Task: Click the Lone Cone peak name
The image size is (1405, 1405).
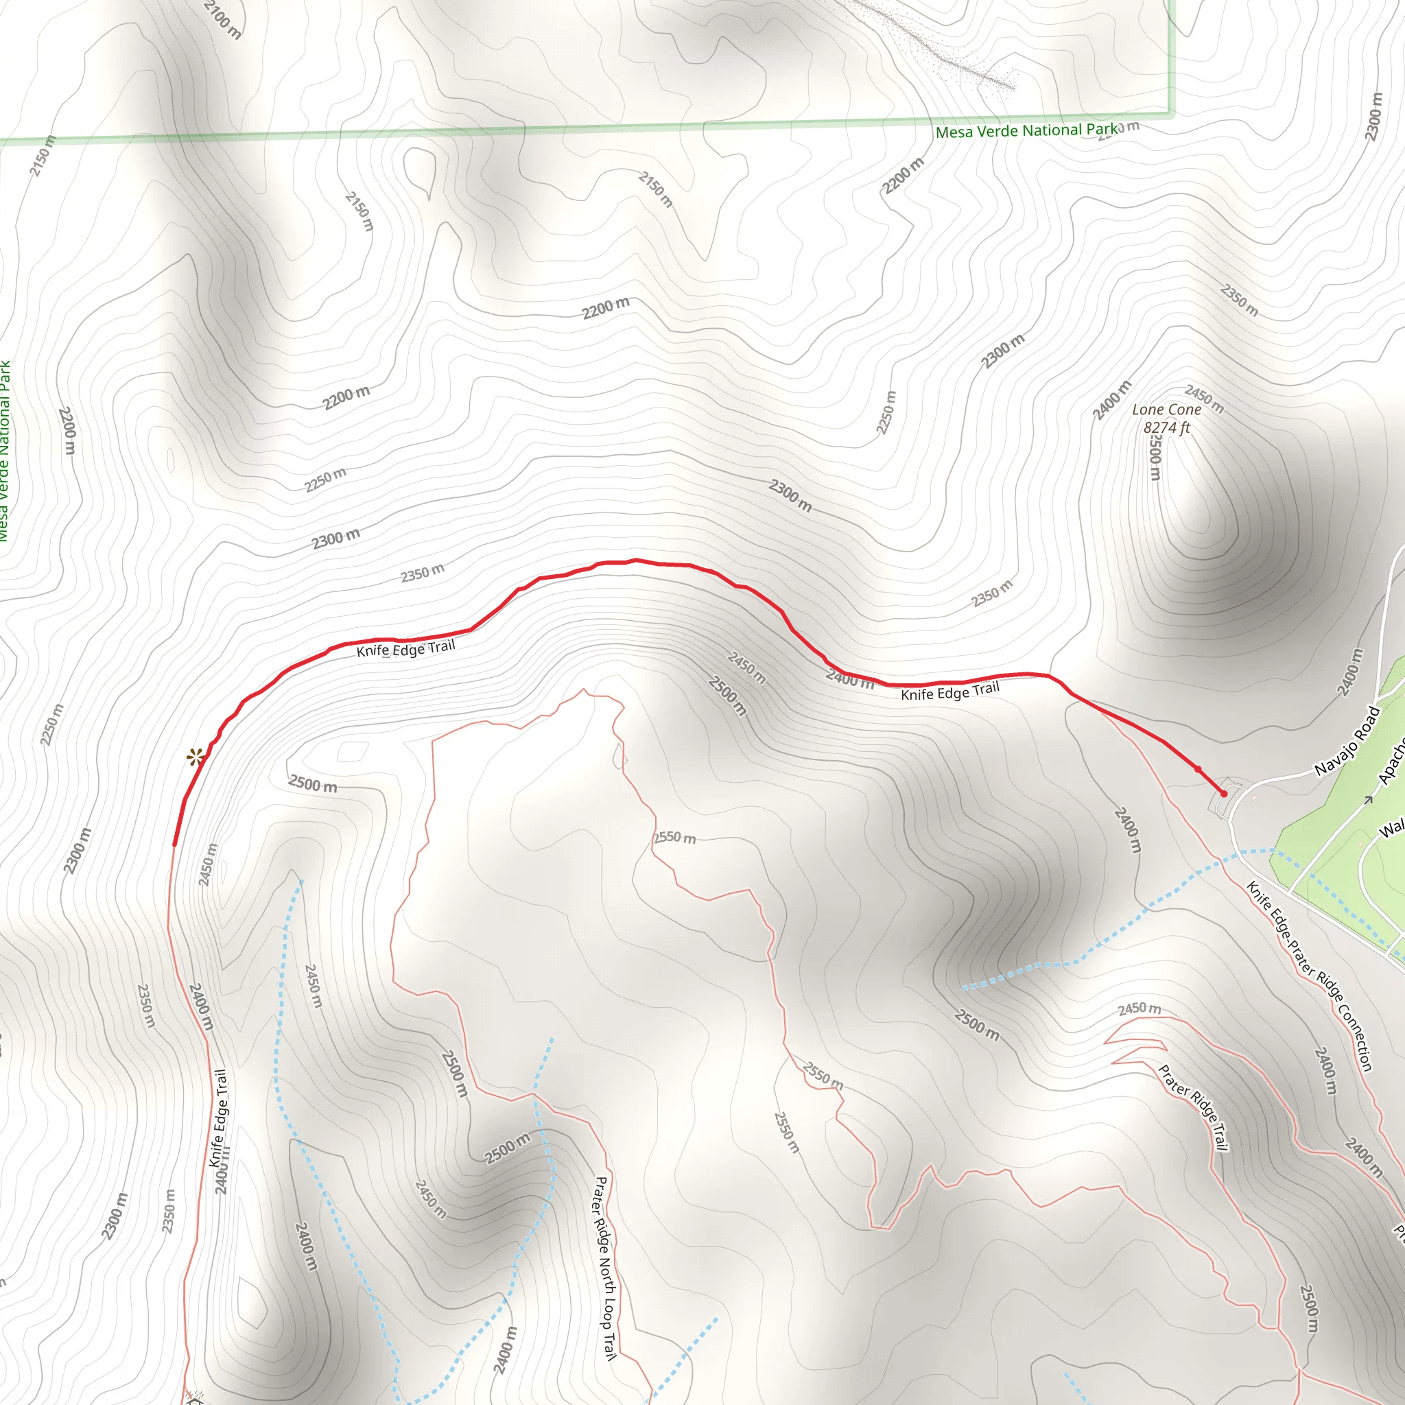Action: click(1166, 410)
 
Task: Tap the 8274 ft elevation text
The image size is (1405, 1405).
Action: click(1166, 427)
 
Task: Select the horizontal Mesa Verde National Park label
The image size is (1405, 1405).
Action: click(1026, 131)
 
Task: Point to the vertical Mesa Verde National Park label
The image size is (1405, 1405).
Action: click(4, 451)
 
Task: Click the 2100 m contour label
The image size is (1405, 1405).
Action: click(222, 19)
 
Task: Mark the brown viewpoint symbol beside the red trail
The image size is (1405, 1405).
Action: click(195, 757)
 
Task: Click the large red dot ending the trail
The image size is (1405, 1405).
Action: click(1224, 794)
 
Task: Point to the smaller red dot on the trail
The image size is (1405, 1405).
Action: click(1198, 768)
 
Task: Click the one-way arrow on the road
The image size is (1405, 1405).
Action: click(1368, 801)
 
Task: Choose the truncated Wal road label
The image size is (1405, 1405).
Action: click(1392, 829)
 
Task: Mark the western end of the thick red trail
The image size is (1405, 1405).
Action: click(174, 845)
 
